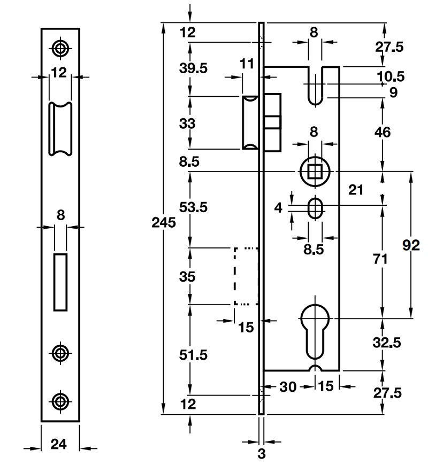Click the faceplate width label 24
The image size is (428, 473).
59,444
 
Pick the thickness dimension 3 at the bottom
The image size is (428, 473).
262,455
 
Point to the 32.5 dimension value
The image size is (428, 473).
387,342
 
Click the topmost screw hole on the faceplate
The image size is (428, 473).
60,48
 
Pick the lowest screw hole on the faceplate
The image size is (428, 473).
60,400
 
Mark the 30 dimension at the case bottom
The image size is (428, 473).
288,386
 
